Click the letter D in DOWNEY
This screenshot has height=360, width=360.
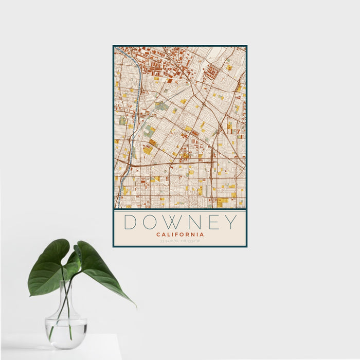pos(130,222)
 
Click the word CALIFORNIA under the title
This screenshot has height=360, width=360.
pos(180,235)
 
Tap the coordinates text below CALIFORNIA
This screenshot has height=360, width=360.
pos(180,241)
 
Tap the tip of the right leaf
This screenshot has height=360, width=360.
pos(135,307)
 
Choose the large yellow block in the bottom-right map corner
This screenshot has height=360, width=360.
pos(222,202)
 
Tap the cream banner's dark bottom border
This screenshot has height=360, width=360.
pos(180,246)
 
